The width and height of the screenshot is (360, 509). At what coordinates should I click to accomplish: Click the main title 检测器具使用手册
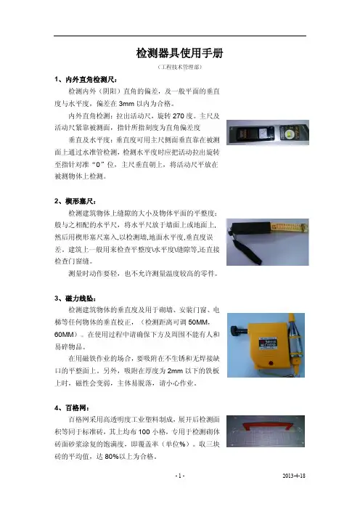(x=179, y=53)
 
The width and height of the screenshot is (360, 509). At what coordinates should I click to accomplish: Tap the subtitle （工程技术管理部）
(x=179, y=68)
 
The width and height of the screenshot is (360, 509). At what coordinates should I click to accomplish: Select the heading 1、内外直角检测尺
(x=86, y=80)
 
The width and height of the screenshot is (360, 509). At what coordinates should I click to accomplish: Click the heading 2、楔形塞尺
(x=75, y=201)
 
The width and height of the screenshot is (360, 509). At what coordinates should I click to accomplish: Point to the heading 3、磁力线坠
(x=75, y=298)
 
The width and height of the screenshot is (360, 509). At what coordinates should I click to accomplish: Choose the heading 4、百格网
(x=72, y=408)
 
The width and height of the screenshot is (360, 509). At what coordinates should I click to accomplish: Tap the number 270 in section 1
(x=179, y=116)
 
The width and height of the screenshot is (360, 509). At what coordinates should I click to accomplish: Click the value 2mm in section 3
(x=176, y=371)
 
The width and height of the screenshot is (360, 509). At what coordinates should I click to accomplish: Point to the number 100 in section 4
(x=144, y=432)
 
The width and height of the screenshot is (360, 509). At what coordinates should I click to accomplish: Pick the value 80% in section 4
(x=112, y=457)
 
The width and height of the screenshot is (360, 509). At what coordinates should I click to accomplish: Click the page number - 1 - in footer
(x=180, y=476)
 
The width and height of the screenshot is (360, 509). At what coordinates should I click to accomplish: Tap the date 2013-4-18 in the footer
(x=294, y=476)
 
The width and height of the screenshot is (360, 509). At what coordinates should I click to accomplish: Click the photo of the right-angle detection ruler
(x=268, y=132)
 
